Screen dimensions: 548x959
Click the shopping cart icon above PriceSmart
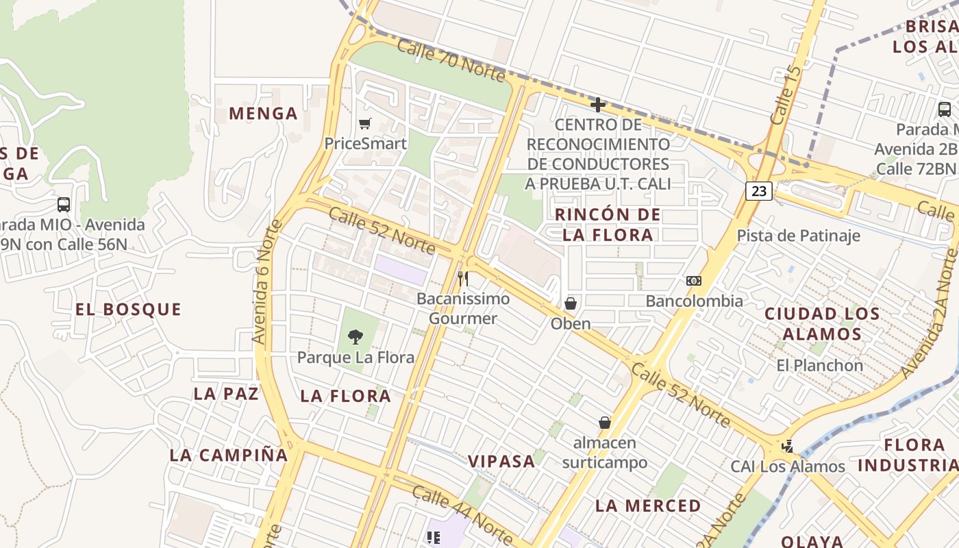coord(364,124)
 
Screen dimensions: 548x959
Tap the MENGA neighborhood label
coord(263,114)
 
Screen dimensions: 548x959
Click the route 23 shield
coord(759,191)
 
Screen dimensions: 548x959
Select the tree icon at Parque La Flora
coord(355,336)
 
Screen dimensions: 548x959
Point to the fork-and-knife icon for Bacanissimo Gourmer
coord(464,279)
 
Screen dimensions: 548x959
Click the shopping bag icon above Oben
coord(571,303)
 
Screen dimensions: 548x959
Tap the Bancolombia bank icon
coord(694,281)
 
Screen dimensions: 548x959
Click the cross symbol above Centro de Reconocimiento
coord(598,105)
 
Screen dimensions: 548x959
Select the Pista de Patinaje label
coord(798,236)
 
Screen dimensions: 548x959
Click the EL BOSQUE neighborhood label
coord(128,310)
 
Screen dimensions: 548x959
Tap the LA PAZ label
coord(226,394)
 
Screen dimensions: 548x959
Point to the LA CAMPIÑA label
coord(229,455)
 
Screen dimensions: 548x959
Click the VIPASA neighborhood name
coord(501,461)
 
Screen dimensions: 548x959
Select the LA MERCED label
coord(648,506)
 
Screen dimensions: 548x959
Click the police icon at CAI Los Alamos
coord(788,447)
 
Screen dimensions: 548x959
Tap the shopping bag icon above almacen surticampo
coord(604,423)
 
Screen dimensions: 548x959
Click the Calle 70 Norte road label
coord(451,61)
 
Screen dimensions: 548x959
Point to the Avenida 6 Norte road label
coord(267,282)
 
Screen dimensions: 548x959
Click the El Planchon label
coord(819,366)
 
